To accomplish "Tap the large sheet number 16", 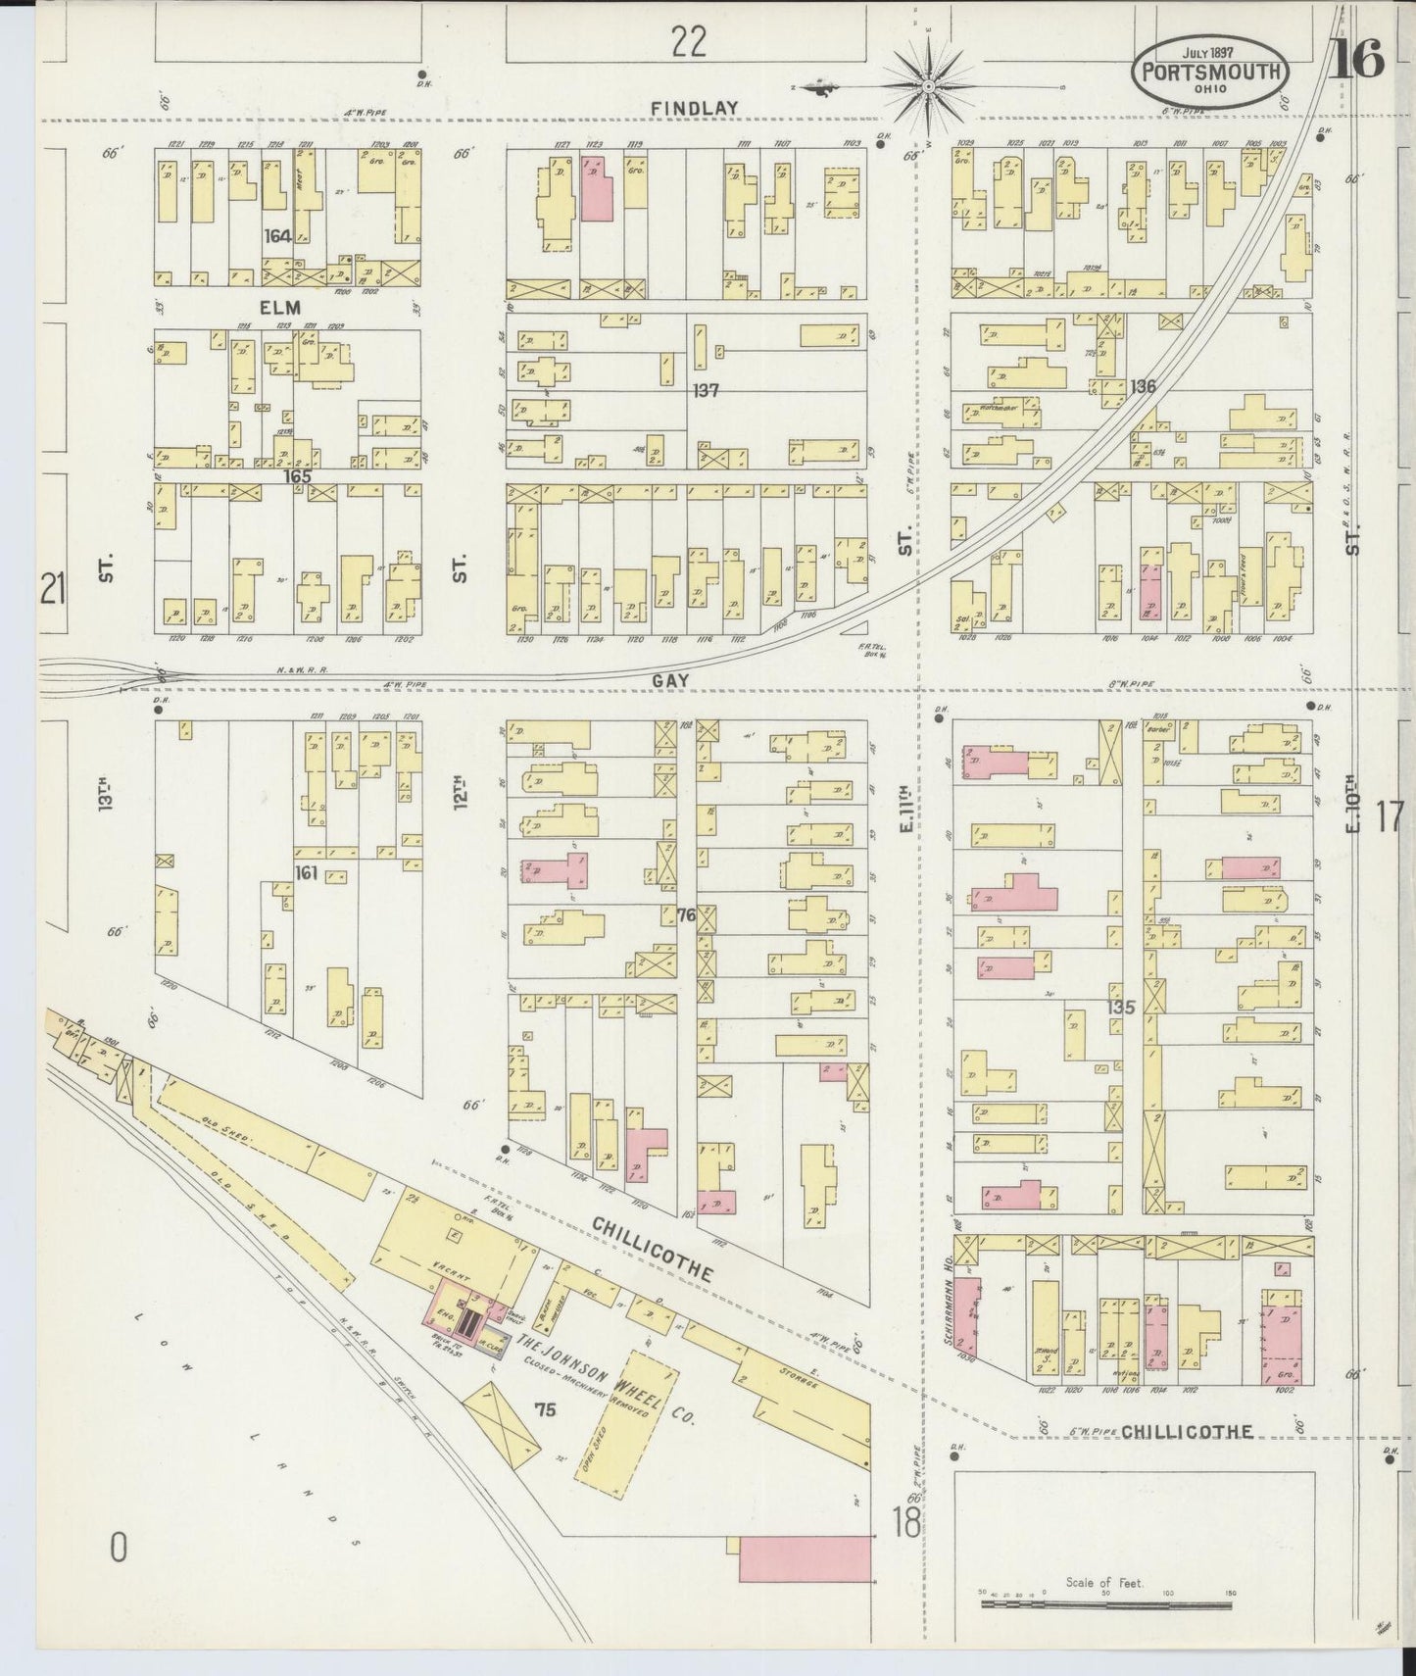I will pyautogui.click(x=1357, y=61).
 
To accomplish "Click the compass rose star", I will pyautogui.click(x=926, y=88).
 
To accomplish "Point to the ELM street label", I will pyautogui.click(x=280, y=307).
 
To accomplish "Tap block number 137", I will pyautogui.click(x=706, y=390).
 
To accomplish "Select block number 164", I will pyautogui.click(x=278, y=236).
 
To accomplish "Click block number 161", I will pyautogui.click(x=306, y=872).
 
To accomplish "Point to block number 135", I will pyautogui.click(x=1120, y=1008).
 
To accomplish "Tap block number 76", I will pyautogui.click(x=686, y=915).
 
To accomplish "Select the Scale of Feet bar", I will pyautogui.click(x=1106, y=1604).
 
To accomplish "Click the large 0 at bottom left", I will pyautogui.click(x=119, y=1548).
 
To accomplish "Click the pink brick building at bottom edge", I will pyautogui.click(x=806, y=1558).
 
